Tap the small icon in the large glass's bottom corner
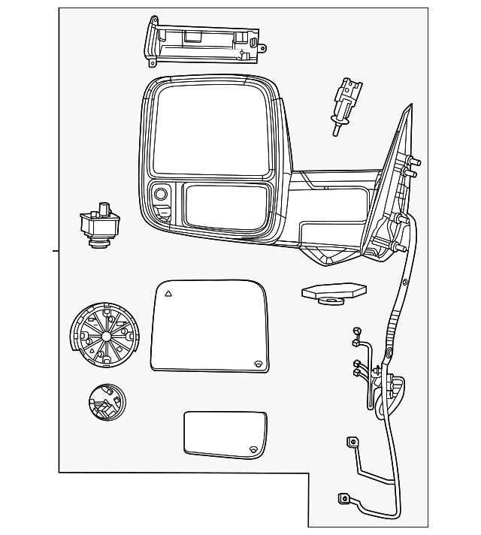pos(258,364)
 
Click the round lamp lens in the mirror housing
pos(161,195)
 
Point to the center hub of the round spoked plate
pos(105,334)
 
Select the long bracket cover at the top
pos(204,41)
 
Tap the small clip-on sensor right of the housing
pos(344,105)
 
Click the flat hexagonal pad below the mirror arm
pos(333,292)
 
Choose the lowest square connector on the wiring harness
pos(343,497)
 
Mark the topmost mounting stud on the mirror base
pos(415,162)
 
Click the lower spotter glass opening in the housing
pos(225,206)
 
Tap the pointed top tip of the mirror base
pos(410,106)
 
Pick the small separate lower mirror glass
pos(225,434)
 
